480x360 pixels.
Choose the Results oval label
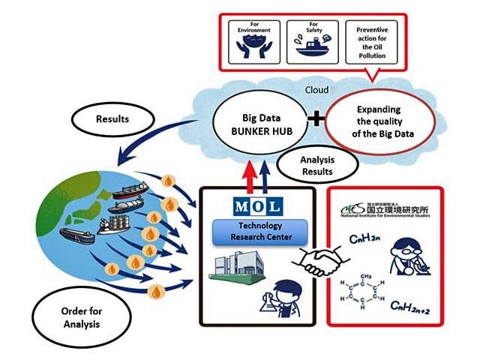coord(113,119)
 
